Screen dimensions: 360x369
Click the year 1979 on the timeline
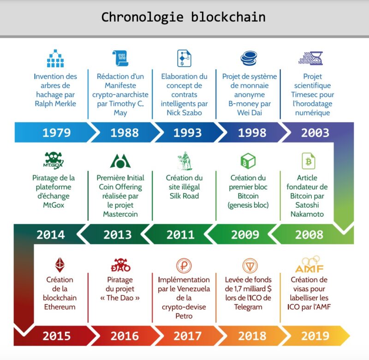[57, 133]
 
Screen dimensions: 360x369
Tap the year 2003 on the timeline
[315, 133]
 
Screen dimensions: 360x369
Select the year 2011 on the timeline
[180, 235]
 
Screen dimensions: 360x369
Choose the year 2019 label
[315, 336]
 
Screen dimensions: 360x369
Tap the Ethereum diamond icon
[60, 265]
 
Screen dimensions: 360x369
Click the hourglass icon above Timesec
[310, 59]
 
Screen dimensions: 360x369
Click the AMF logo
[309, 265]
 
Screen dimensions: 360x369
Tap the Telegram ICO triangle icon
[250, 266]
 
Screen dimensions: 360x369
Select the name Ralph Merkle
[55, 104]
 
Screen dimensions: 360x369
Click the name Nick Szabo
[184, 113]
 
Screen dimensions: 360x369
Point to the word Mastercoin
[120, 214]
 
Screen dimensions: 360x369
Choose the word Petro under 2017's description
[184, 316]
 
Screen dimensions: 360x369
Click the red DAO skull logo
[120, 265]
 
